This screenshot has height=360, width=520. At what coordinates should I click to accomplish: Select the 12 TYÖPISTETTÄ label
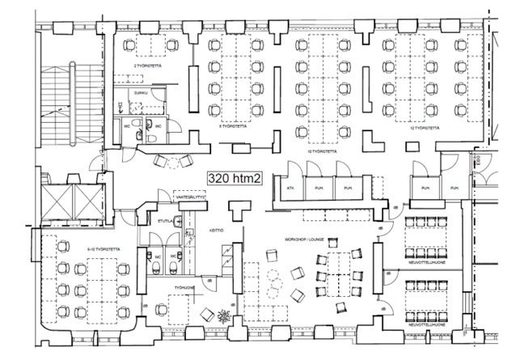pos(425,129)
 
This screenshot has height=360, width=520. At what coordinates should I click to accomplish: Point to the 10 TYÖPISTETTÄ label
pos(321,150)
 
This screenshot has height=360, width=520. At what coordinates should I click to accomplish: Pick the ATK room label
pos(290,188)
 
